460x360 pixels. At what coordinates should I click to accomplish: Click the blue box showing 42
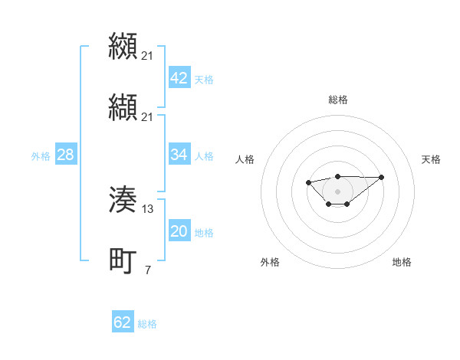point(179,77)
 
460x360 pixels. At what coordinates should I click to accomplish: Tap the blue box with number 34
point(179,154)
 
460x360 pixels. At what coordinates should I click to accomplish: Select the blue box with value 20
point(179,230)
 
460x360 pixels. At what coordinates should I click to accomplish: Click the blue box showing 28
point(66,154)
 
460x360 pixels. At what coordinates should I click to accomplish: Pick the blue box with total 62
point(123,321)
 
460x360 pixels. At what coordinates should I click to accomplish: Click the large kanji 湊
point(123,199)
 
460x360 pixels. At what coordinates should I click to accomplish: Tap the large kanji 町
point(123,260)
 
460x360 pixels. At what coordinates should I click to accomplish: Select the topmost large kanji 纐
point(123,46)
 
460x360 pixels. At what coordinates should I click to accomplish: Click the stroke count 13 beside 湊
point(147,209)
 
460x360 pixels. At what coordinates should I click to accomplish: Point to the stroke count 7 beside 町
point(148,270)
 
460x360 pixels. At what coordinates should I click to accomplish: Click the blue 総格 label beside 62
point(147,324)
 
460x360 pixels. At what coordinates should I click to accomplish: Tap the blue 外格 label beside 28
point(41,156)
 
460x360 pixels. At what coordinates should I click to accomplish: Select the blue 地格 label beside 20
point(204,233)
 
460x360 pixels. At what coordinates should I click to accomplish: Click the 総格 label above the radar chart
point(338,100)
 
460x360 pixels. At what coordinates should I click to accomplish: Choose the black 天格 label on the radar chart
point(431,159)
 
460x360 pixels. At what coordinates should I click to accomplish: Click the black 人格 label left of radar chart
point(245,159)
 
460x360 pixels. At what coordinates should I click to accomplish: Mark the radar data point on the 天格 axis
point(381,177)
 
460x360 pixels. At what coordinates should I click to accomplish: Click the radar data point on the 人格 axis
point(308,182)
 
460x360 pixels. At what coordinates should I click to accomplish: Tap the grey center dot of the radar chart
point(337,191)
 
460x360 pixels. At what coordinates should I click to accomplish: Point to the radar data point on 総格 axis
point(338,176)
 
